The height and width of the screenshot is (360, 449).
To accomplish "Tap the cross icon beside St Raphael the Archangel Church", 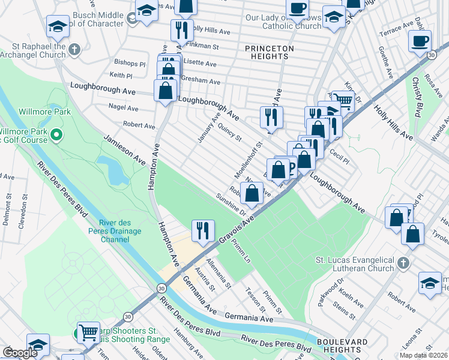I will [x=74, y=49].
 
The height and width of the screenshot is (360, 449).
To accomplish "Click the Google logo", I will [x=20, y=353].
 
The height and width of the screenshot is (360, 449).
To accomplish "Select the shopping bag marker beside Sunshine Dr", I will [x=253, y=194].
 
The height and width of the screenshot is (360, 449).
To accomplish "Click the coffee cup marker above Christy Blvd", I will [x=420, y=41].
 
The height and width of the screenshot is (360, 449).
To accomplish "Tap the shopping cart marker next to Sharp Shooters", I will [x=88, y=331].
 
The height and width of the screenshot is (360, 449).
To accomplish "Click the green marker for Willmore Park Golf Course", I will [x=56, y=134].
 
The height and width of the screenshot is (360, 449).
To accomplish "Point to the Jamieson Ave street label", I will [x=125, y=150].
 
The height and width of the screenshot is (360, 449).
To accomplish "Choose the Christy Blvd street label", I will [x=415, y=97].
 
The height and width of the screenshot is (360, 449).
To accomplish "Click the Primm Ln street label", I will [x=245, y=251].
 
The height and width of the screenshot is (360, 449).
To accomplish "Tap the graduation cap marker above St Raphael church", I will [x=58, y=26].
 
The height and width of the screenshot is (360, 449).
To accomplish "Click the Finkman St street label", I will [x=202, y=45].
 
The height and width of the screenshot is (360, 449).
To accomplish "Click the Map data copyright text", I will [x=423, y=355].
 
